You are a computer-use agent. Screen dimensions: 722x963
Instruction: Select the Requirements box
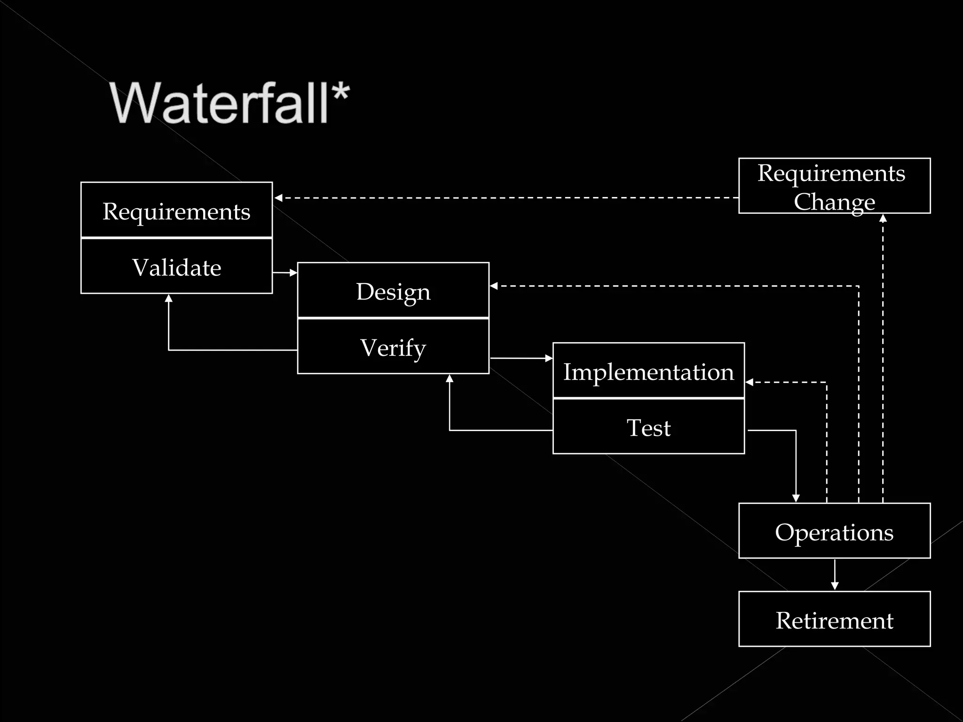tap(176, 210)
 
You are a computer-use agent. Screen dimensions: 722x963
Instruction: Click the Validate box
tap(176, 267)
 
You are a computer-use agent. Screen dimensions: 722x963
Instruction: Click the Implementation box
tap(648, 371)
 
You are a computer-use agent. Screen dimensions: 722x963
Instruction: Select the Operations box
tap(834, 531)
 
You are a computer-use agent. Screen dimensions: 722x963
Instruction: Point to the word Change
tap(834, 202)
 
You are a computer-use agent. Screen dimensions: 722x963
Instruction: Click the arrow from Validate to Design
tap(285, 273)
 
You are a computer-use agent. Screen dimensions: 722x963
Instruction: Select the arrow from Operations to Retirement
tap(835, 574)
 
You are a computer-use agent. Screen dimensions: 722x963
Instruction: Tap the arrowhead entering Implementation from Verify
tap(549, 358)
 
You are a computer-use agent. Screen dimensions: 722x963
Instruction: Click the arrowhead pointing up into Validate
tap(169, 298)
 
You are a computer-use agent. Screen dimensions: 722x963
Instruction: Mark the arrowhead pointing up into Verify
tap(450, 378)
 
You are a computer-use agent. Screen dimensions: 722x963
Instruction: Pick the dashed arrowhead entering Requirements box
tap(278, 198)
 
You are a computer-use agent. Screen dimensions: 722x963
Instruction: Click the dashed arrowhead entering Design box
tap(494, 286)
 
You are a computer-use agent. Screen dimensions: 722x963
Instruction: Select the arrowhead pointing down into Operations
tap(796, 498)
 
